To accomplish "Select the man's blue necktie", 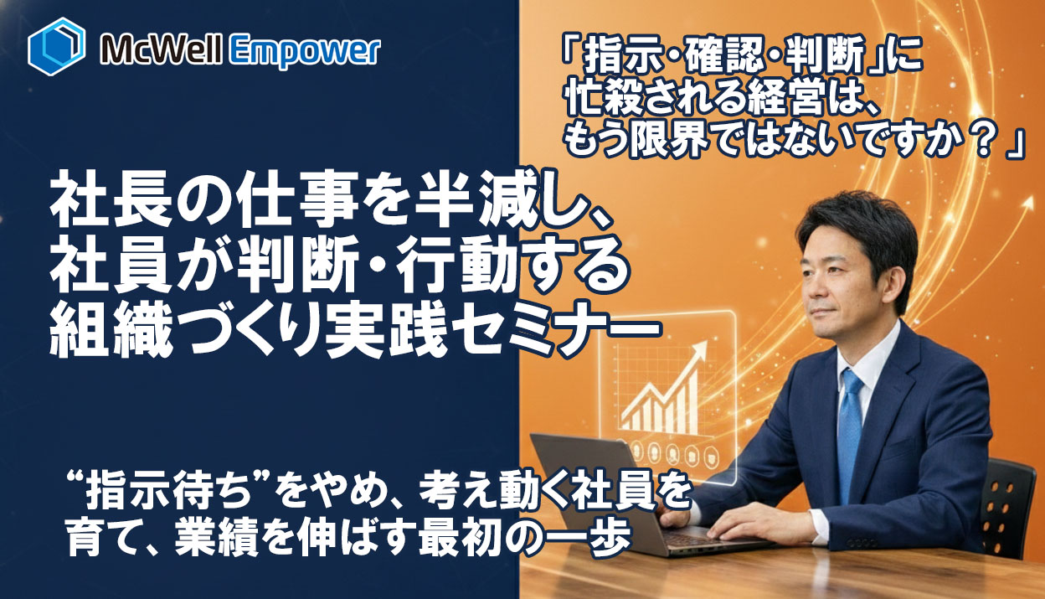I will (849, 427).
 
